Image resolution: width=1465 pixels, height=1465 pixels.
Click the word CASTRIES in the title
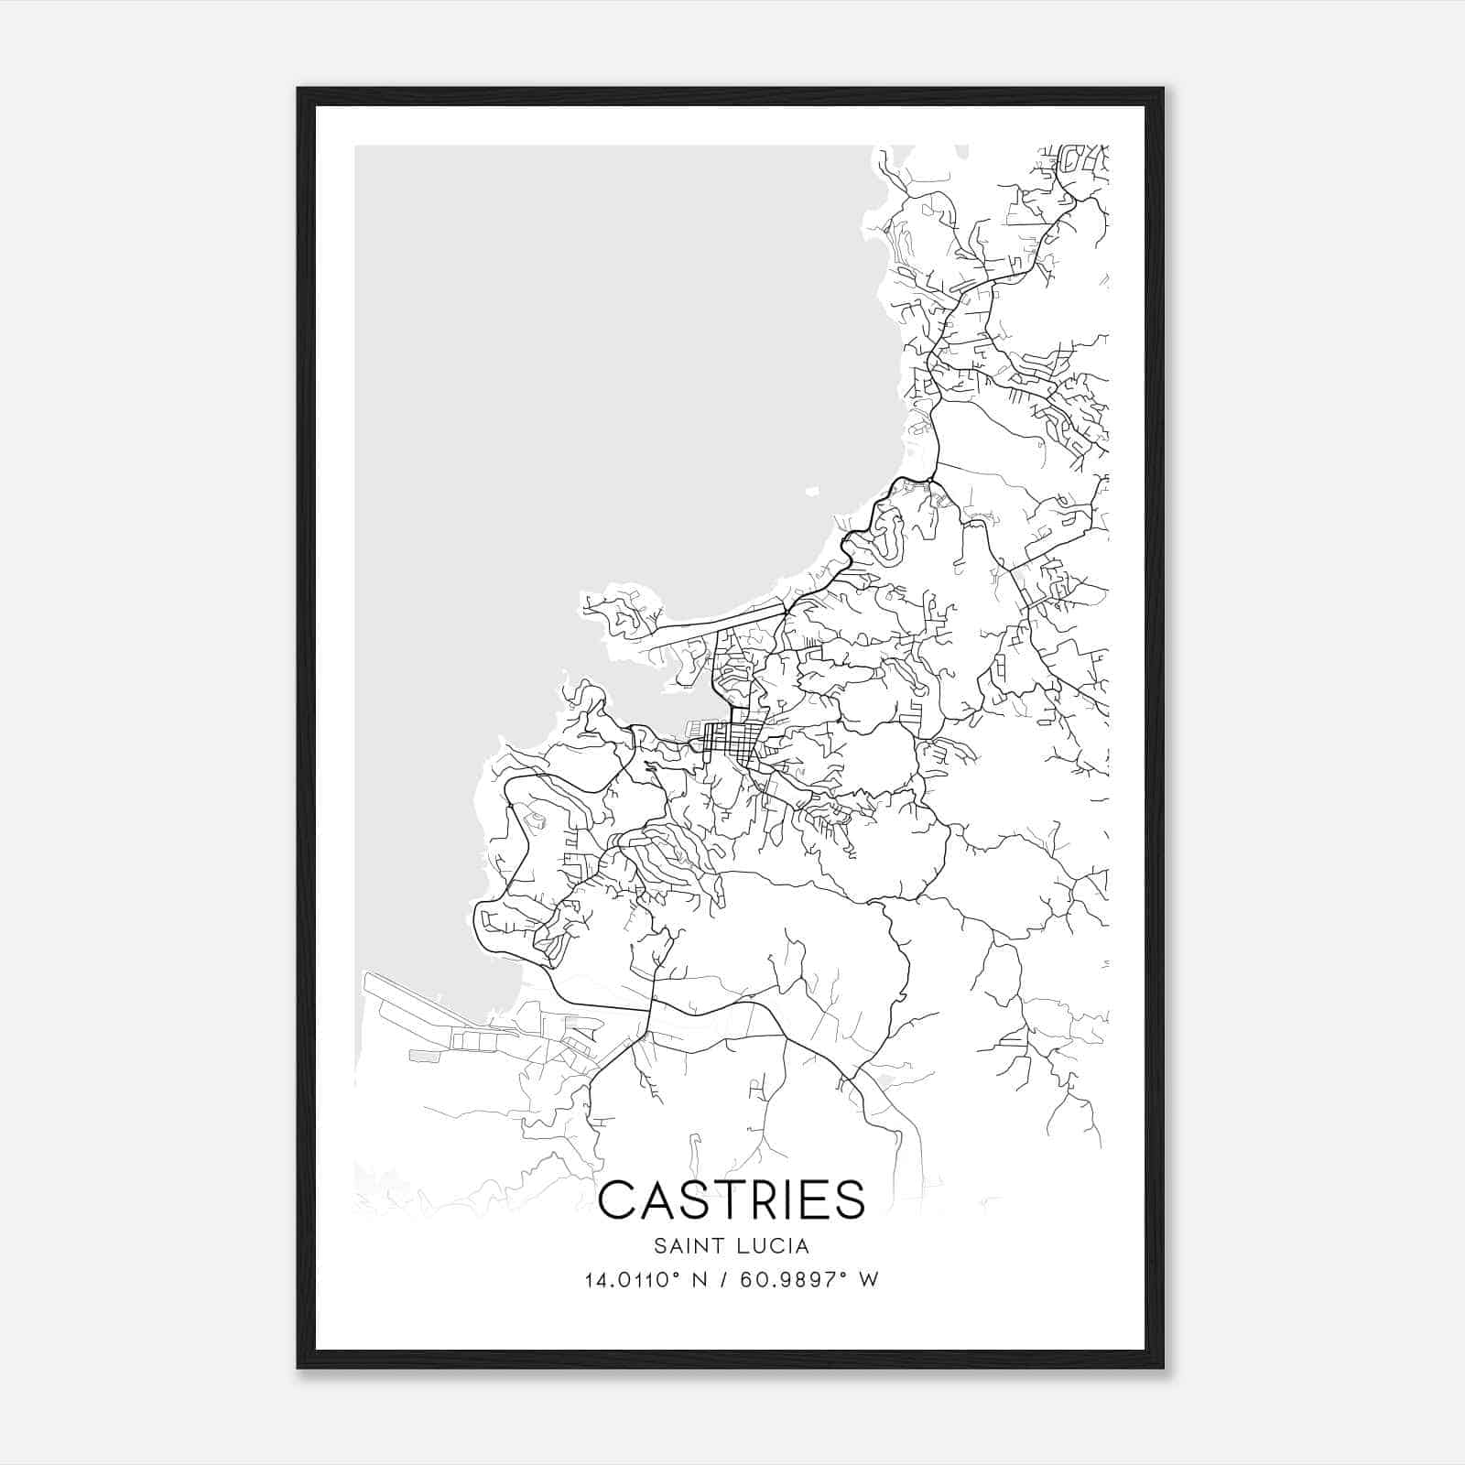pyautogui.click(x=732, y=1199)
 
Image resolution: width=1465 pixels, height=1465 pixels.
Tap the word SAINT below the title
pyautogui.click(x=679, y=1246)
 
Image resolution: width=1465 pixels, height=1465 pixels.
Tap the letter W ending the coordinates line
pyautogui.click(x=869, y=1280)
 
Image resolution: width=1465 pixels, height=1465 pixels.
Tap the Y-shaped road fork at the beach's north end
pyautogui.click(x=931, y=477)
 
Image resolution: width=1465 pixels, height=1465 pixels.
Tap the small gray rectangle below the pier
pyautogui.click(x=422, y=1056)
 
